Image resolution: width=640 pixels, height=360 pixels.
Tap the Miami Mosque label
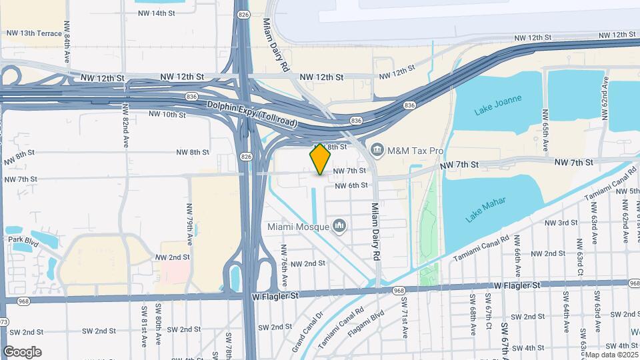click(299, 227)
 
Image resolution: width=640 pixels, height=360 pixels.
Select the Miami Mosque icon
click(340, 227)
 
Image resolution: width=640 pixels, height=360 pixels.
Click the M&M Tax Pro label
click(415, 151)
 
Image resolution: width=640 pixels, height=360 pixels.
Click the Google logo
click(22, 351)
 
